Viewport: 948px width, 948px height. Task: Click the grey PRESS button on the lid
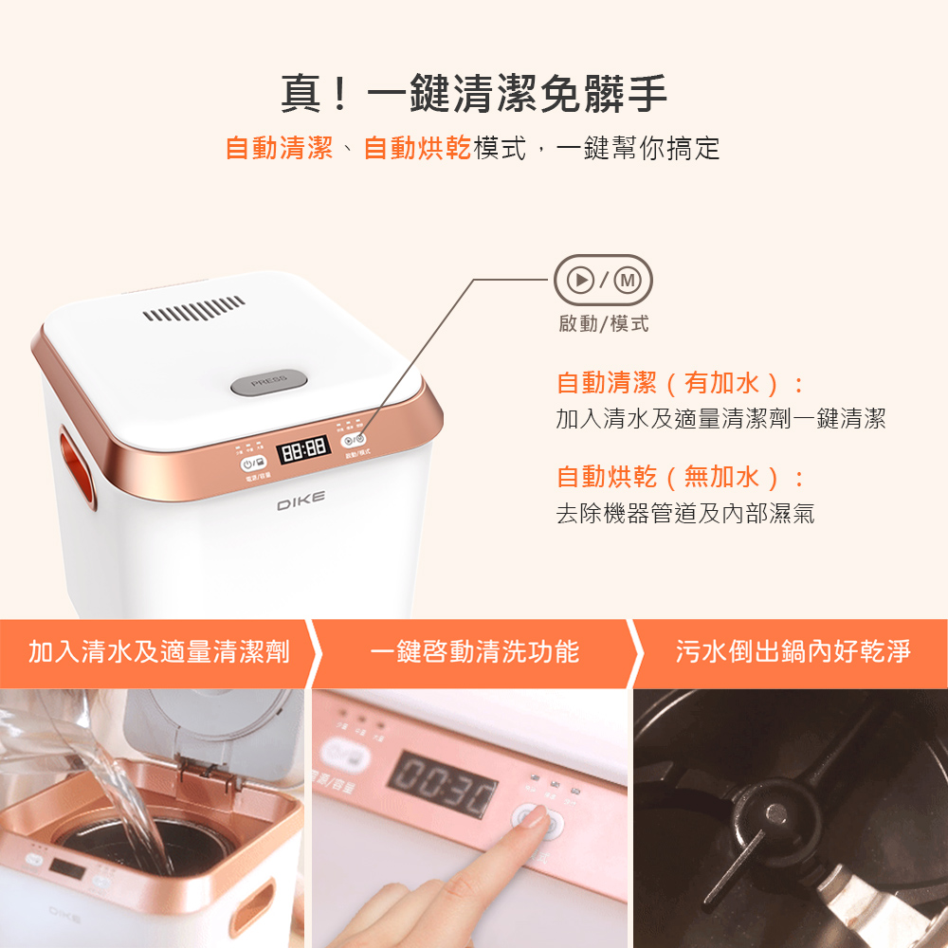coord(269,382)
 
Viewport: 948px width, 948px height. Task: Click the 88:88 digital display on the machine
coord(302,447)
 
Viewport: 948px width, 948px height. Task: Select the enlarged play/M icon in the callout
coord(603,281)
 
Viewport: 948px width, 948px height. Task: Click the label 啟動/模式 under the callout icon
coord(603,324)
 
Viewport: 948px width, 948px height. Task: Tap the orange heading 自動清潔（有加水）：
coord(681,384)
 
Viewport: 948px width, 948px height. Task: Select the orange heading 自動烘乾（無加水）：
coord(681,477)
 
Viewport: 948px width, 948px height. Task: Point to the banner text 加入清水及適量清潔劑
coord(158,652)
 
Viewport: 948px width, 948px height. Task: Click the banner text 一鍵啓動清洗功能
coord(474,652)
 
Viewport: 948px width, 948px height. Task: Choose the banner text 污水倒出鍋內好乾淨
coord(793,652)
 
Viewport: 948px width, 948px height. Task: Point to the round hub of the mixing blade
coord(775,813)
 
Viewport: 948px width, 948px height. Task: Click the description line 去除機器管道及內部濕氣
coord(684,515)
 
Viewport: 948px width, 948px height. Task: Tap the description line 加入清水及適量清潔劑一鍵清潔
coord(720,419)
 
